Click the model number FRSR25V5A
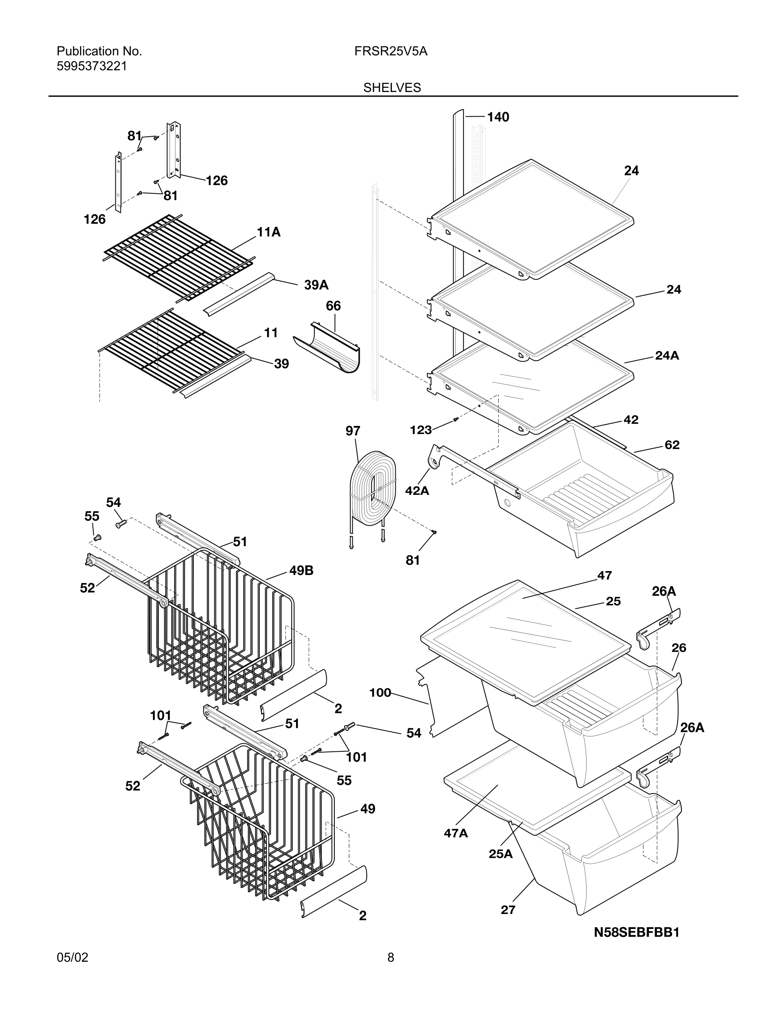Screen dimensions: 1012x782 pos(391,52)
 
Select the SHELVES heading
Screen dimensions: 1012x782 pos(392,88)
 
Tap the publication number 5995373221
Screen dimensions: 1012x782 pos(92,66)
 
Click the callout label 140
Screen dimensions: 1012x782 pos(498,117)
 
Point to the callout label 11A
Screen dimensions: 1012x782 pos(269,232)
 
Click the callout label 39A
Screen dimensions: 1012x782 pos(316,285)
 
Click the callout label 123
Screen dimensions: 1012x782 pos(421,430)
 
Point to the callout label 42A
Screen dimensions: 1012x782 pos(417,491)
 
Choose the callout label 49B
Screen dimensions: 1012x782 pos(301,571)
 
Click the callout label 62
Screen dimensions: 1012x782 pos(672,445)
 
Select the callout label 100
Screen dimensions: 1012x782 pos(380,693)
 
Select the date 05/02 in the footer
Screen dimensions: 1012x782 pos(72,970)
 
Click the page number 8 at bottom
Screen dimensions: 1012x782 pos(391,970)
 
